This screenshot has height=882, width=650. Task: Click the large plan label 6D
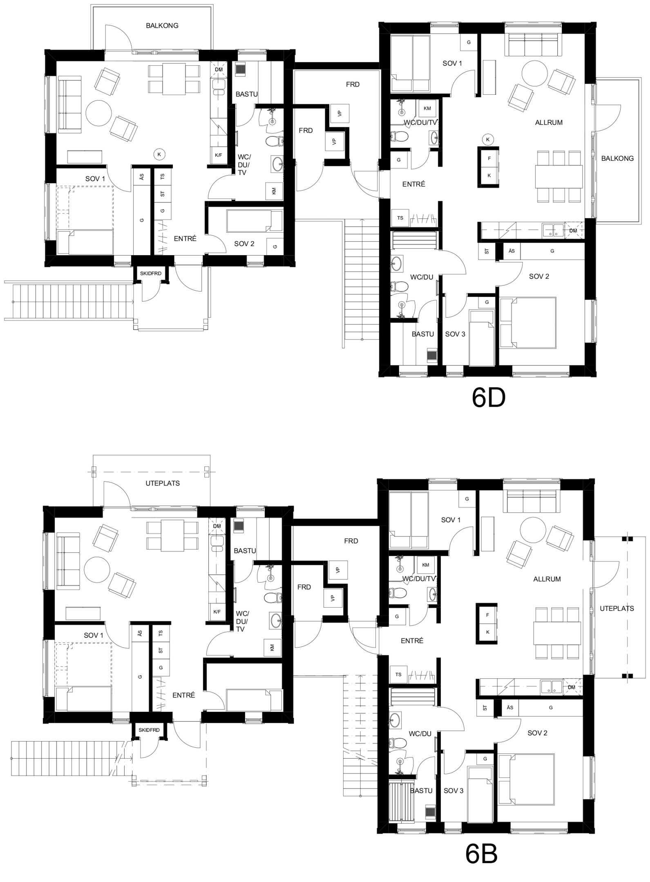click(x=489, y=398)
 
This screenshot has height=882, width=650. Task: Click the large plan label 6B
click(x=481, y=854)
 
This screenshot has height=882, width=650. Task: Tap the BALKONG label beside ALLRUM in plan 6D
click(x=617, y=158)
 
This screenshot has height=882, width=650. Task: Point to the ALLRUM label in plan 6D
click(x=549, y=122)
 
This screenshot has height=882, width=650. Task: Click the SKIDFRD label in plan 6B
click(x=149, y=731)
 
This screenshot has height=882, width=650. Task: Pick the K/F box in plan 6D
click(x=219, y=155)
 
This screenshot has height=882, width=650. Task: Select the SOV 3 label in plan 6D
click(x=455, y=334)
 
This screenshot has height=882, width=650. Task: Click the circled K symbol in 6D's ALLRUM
click(x=488, y=139)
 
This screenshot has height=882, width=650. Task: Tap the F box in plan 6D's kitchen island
click(x=489, y=158)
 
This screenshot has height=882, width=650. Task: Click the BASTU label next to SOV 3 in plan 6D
click(x=422, y=334)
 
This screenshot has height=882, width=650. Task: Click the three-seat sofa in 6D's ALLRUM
click(x=534, y=45)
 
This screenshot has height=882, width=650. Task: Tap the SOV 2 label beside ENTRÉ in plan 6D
click(x=244, y=244)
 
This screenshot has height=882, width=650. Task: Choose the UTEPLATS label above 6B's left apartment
click(x=163, y=483)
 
